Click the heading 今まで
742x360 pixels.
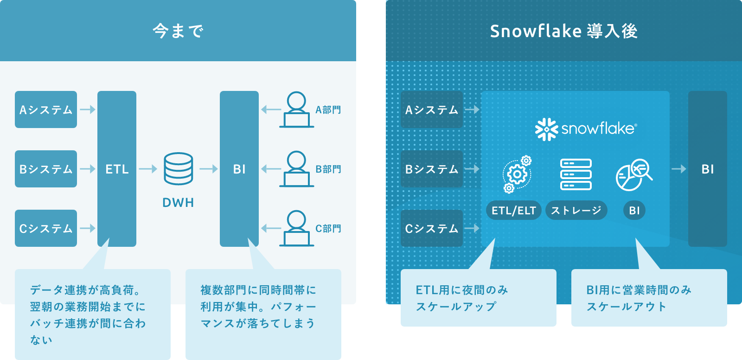(x=178, y=31)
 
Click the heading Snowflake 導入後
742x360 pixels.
(x=563, y=31)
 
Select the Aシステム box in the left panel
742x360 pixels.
(x=46, y=109)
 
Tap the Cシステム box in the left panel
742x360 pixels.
(x=46, y=228)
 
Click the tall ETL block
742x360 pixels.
(x=117, y=169)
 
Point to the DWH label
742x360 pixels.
(x=178, y=203)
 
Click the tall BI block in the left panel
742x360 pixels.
(x=239, y=169)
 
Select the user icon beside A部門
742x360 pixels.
(x=296, y=109)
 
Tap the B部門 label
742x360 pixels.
(x=328, y=169)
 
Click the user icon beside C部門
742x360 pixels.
(x=296, y=228)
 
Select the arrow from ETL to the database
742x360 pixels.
(x=148, y=169)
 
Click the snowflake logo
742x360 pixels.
(x=586, y=129)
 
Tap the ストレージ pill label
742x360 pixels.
(x=576, y=211)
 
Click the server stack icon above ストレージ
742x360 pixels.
(x=576, y=174)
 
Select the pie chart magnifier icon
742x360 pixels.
(x=634, y=175)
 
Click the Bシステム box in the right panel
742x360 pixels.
(x=432, y=169)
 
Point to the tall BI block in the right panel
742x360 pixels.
(x=707, y=169)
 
